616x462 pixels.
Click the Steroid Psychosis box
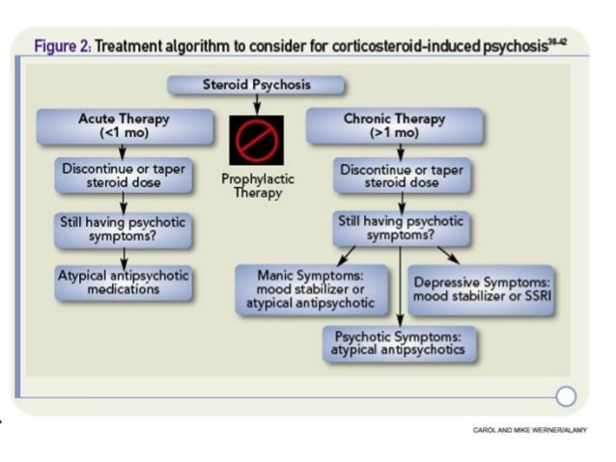pos(256,85)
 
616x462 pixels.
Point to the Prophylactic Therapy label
pos(258,186)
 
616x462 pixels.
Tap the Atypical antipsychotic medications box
pos(123,282)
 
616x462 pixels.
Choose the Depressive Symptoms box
pos(482,289)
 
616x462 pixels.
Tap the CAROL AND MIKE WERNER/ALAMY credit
pos(529,430)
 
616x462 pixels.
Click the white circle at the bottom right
pos(566,395)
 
